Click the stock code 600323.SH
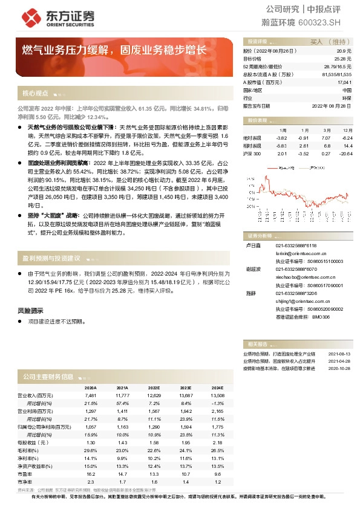point(324,22)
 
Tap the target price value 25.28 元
point(343,59)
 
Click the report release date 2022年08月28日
point(331,105)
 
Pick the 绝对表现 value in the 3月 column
point(326,138)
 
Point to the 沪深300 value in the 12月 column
point(346,154)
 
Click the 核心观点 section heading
point(35,94)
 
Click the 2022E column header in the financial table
point(154,387)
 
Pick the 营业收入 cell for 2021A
point(122,395)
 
